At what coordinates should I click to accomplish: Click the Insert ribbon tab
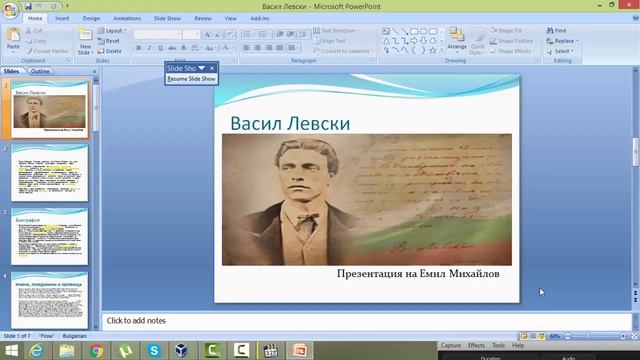[62, 18]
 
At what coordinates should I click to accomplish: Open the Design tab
[91, 18]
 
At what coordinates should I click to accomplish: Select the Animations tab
[127, 18]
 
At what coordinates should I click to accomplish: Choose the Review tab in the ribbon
[203, 18]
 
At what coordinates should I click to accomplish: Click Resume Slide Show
[191, 78]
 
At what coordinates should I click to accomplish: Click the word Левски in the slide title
[317, 123]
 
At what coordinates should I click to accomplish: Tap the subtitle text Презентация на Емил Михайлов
[417, 273]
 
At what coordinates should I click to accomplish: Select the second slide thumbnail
[50, 173]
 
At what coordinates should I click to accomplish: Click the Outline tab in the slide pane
[40, 72]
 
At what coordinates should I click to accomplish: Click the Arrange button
[457, 41]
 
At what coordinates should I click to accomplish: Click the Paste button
[13, 40]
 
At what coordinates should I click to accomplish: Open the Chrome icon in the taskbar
[96, 351]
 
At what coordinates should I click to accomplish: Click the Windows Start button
[11, 351]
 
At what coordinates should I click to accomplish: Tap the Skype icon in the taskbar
[154, 351]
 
